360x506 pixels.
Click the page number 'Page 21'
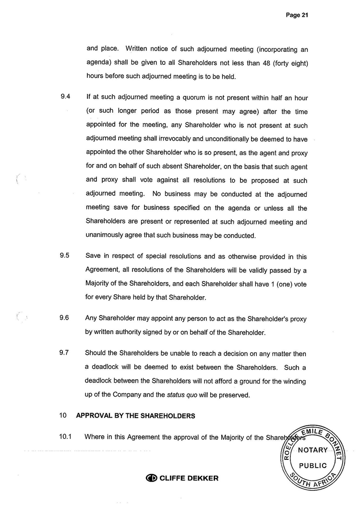297,15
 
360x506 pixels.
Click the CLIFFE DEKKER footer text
189,478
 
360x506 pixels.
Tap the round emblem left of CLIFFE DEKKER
152,478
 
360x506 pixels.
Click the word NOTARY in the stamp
312,450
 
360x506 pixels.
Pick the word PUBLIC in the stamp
312,466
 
